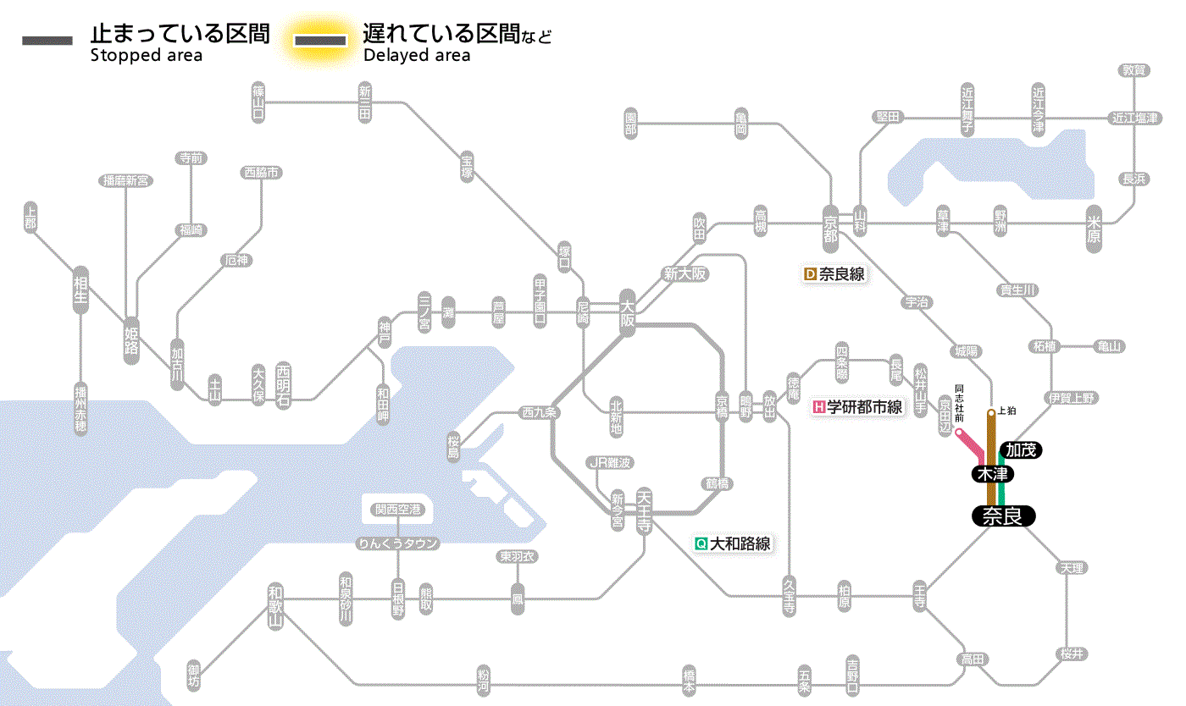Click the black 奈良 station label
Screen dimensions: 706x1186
tap(1003, 516)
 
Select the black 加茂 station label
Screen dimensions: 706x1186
tap(1021, 450)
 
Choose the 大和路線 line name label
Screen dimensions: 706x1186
tap(733, 543)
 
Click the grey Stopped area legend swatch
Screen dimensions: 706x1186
tap(47, 41)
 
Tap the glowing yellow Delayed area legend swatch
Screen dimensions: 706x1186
tap(320, 41)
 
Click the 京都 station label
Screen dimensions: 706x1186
tap(831, 229)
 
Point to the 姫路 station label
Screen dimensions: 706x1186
tap(131, 339)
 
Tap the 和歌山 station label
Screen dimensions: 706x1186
tap(274, 606)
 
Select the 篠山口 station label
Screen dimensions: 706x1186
tap(258, 102)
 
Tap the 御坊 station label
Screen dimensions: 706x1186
tap(195, 676)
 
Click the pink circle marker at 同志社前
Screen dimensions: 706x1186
tap(959, 433)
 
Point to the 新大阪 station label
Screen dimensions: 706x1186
tap(684, 273)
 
